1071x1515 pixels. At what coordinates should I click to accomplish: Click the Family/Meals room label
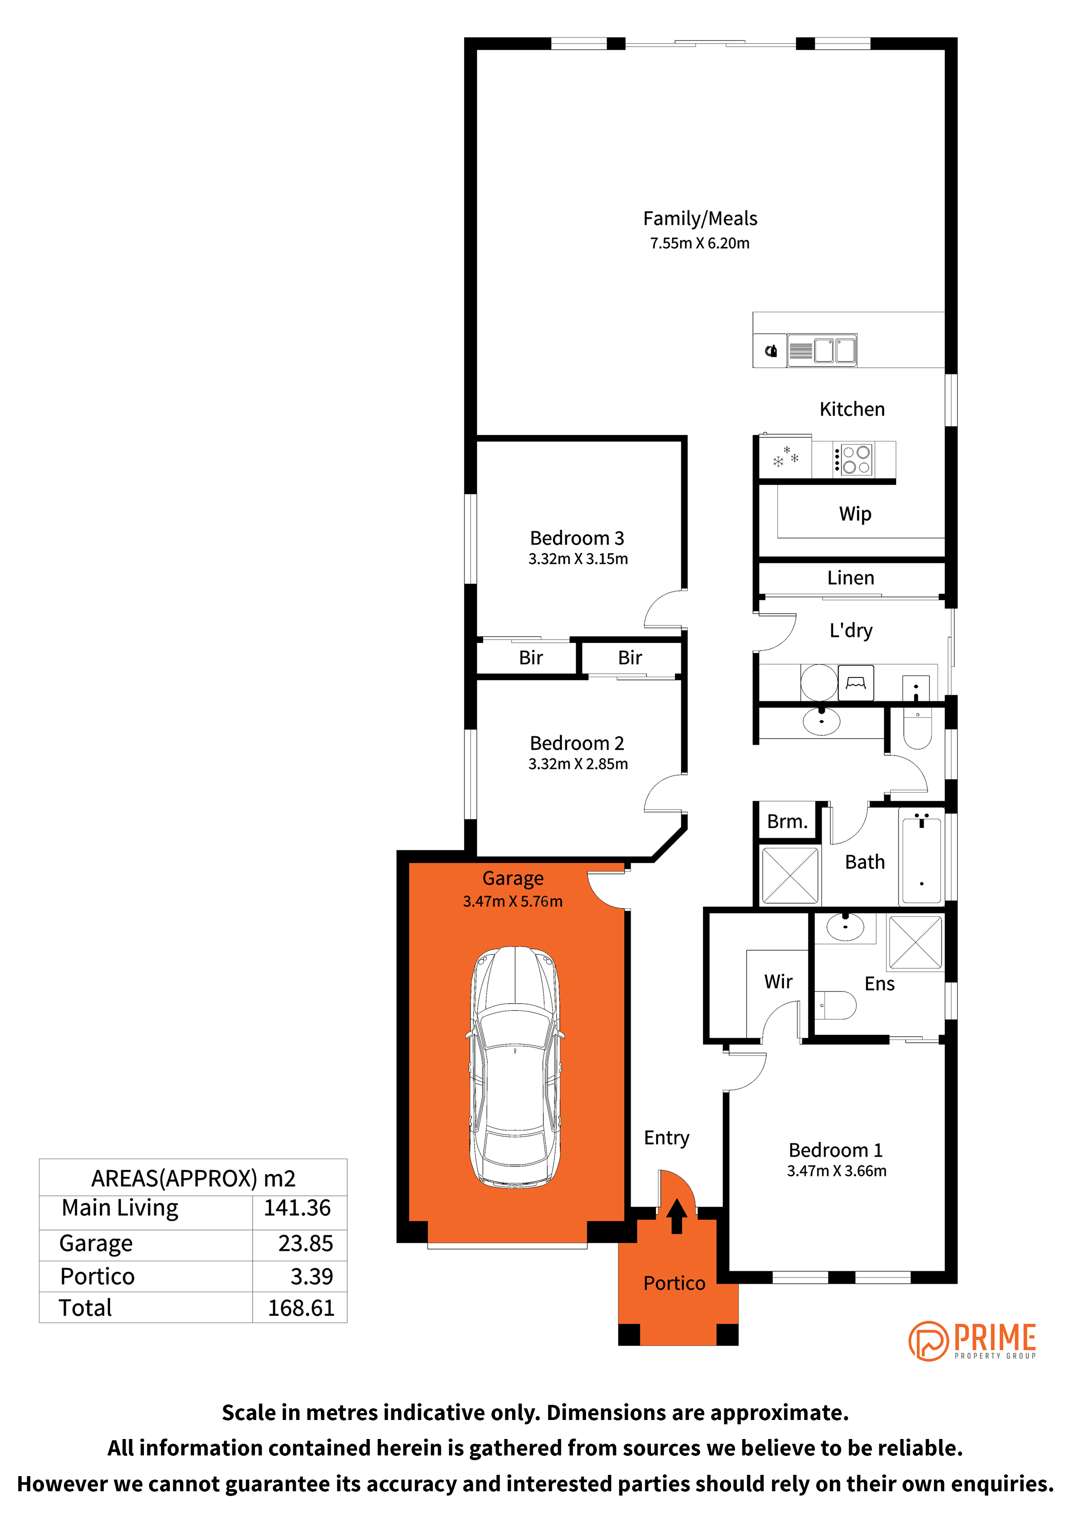click(x=700, y=219)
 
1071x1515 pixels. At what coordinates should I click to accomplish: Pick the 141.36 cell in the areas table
click(x=297, y=1208)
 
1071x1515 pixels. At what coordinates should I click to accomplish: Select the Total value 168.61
click(x=301, y=1308)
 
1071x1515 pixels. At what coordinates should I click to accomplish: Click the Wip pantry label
click(x=855, y=513)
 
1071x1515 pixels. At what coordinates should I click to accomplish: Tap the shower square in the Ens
click(x=915, y=942)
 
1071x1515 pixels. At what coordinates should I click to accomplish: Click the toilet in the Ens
click(x=835, y=1005)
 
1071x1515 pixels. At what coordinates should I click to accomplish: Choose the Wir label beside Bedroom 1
click(x=778, y=982)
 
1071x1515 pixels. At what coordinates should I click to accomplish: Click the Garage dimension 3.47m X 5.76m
click(x=512, y=901)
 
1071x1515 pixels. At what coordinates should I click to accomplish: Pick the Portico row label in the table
click(x=97, y=1276)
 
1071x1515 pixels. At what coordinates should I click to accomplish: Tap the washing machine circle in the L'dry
click(x=819, y=682)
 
